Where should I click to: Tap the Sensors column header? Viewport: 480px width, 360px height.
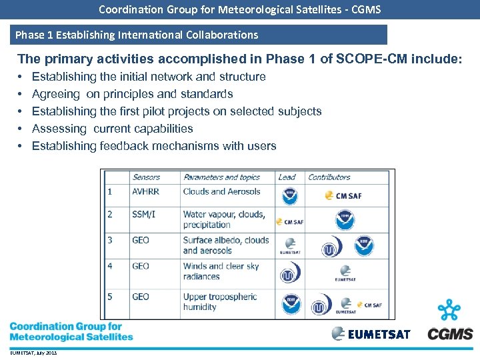point(146,177)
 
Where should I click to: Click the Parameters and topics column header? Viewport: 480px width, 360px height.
point(221,177)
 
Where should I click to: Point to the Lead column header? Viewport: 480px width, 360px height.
point(287,177)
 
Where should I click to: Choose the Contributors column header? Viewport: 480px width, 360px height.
point(329,177)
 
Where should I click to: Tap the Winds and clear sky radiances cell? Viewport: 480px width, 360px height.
point(221,271)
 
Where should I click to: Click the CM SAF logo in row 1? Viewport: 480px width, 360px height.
point(343,196)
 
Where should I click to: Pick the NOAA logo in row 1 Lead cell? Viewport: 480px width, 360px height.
point(290,196)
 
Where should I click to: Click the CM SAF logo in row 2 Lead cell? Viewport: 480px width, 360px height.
point(290,221)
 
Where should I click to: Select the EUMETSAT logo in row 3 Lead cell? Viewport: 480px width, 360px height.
point(290,247)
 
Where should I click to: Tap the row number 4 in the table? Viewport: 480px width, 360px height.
point(110,266)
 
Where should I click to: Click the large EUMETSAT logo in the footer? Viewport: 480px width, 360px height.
point(371,334)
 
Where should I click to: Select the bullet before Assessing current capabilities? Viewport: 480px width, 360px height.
point(21,129)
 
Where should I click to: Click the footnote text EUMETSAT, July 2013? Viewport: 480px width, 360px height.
point(33,353)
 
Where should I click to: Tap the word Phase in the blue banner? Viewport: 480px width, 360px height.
point(30,35)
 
